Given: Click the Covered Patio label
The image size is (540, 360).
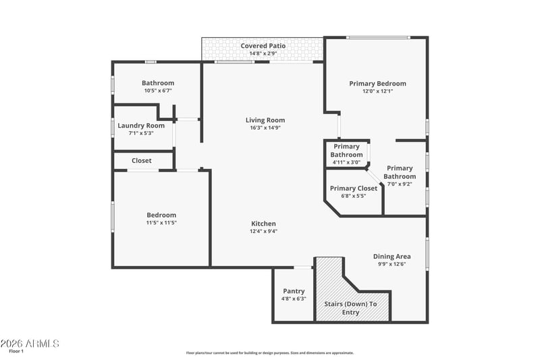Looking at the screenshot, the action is point(263,46).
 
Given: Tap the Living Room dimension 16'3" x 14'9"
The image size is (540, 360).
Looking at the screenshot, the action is point(265,128).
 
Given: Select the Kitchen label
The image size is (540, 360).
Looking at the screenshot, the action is point(263,224).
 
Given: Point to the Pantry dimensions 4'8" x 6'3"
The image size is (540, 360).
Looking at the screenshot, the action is point(294,299).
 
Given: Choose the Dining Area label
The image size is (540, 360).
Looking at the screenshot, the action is point(392,256).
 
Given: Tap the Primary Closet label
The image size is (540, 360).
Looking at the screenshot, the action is point(353,188).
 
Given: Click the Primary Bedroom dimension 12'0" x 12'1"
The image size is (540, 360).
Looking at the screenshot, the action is point(378,91).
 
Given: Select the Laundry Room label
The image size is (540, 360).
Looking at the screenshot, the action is point(141,126).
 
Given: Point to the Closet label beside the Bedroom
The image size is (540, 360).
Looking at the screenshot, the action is point(142,161).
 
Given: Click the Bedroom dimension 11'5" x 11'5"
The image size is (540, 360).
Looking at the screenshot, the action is point(161,223).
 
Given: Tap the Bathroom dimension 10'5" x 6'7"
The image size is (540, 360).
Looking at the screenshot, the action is point(158,91).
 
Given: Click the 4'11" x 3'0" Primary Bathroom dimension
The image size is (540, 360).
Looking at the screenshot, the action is point(346,163).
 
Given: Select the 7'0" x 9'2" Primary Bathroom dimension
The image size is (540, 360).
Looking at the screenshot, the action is point(400,184).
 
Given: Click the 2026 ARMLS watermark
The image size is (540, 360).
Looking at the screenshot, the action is point(30,344).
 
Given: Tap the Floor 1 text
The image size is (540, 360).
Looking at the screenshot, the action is point(16,351).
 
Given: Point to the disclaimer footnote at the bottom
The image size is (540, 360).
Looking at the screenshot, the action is point(270,353).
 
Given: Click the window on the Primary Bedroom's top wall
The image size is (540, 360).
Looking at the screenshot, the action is point(378,37).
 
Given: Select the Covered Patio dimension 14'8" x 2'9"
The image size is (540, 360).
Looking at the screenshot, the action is point(263,54).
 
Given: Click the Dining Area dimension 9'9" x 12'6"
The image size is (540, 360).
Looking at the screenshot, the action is point(392,264).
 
